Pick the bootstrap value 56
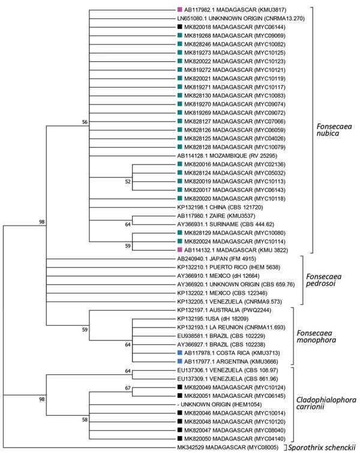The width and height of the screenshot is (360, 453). pos(85,122)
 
